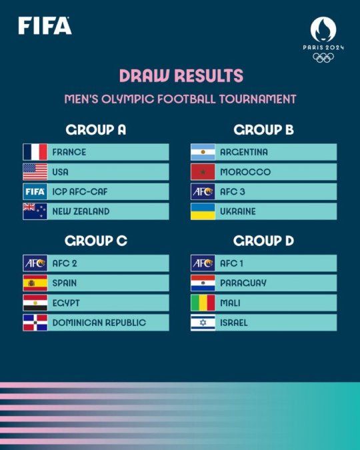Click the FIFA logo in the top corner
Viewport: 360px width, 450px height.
45,26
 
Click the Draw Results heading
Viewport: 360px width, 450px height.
181,75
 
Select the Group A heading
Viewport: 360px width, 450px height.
96,130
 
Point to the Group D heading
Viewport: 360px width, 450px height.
263,241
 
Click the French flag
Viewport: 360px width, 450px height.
35,152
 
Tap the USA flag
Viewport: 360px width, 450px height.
35,172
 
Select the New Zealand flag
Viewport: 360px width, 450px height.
35,211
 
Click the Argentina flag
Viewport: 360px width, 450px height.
203,152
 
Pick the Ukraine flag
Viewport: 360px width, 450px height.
203,211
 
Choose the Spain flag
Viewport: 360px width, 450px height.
35,283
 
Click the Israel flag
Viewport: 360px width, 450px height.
203,323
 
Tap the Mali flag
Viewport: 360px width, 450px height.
203,303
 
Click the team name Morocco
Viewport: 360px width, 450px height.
245,172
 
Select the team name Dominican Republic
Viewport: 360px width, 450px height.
99,323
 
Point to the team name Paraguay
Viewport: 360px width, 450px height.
243,283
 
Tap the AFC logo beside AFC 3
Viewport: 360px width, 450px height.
203,191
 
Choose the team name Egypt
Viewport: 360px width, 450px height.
65,303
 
